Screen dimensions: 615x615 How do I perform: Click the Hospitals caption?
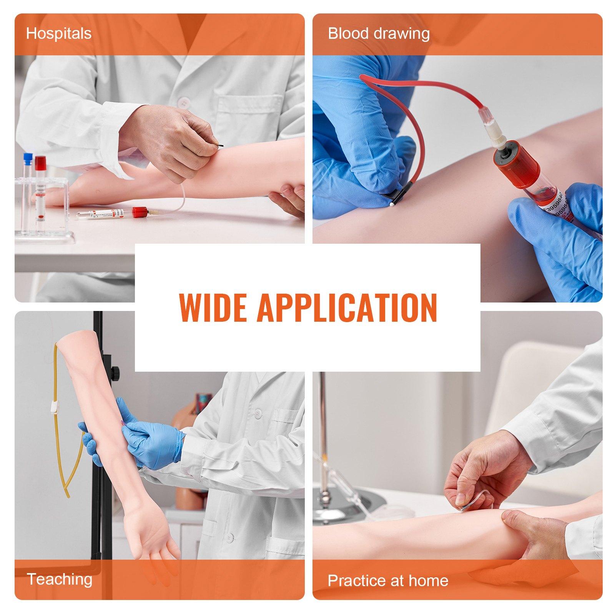click(59, 34)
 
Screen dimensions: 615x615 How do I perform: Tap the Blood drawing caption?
click(379, 34)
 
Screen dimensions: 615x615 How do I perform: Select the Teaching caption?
click(60, 579)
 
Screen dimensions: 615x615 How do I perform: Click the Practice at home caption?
click(388, 580)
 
